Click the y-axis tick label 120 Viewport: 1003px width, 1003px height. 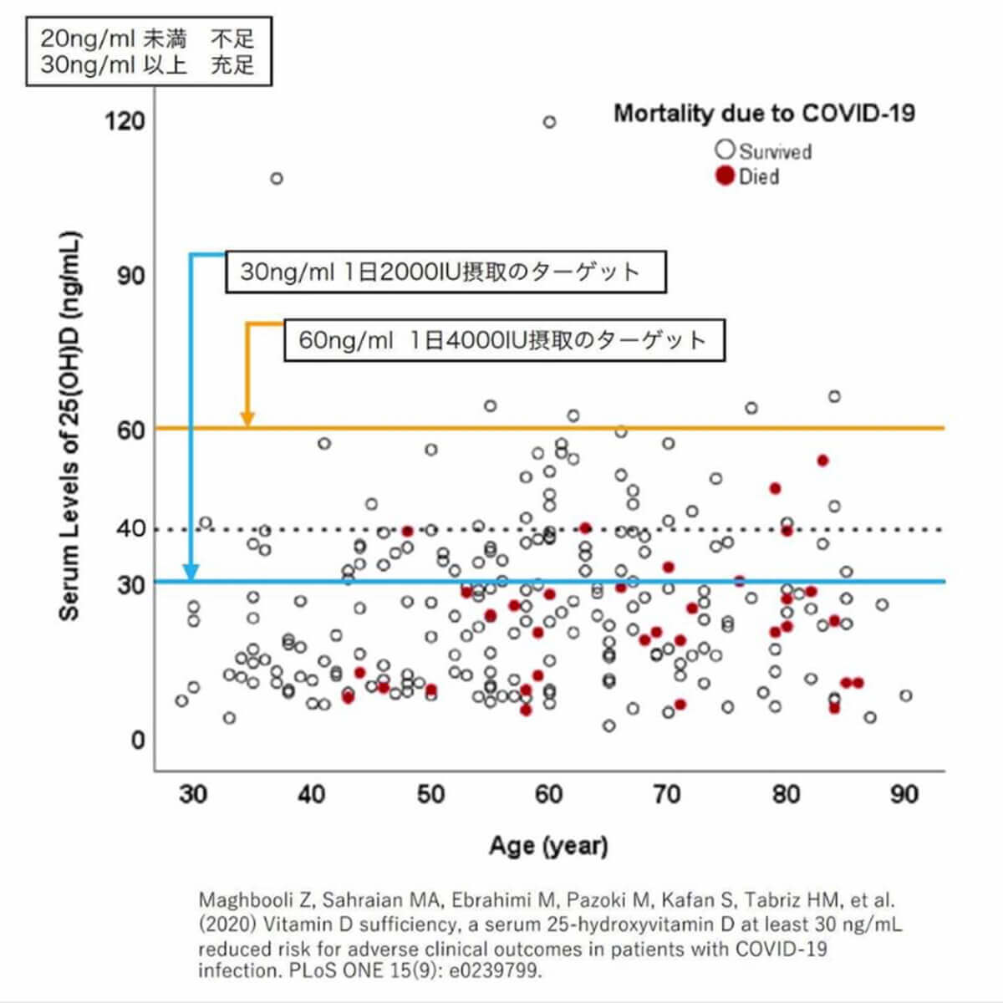pos(124,121)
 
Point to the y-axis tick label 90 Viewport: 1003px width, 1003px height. pos(130,276)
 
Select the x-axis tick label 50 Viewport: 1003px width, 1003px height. pos(430,793)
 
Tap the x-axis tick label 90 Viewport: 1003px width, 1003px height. pos(904,793)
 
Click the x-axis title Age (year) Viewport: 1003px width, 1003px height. pos(548,846)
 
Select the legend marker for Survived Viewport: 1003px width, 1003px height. pos(725,150)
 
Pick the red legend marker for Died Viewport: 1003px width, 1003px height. pos(725,176)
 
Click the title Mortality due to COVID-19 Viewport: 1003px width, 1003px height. pos(764,113)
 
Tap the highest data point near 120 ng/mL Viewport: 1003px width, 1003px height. pos(549,122)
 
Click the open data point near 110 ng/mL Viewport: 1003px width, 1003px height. pos(277,178)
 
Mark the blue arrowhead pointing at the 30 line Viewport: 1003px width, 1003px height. pos(191,573)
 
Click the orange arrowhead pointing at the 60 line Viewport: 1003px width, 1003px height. pos(247,419)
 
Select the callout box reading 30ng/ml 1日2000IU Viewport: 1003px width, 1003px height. pos(445,272)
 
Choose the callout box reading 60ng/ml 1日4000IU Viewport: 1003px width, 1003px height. pos(504,340)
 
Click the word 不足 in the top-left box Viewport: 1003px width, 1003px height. pos(232,38)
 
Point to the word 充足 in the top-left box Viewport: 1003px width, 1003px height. pos(232,65)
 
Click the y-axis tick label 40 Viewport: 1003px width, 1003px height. pos(130,529)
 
